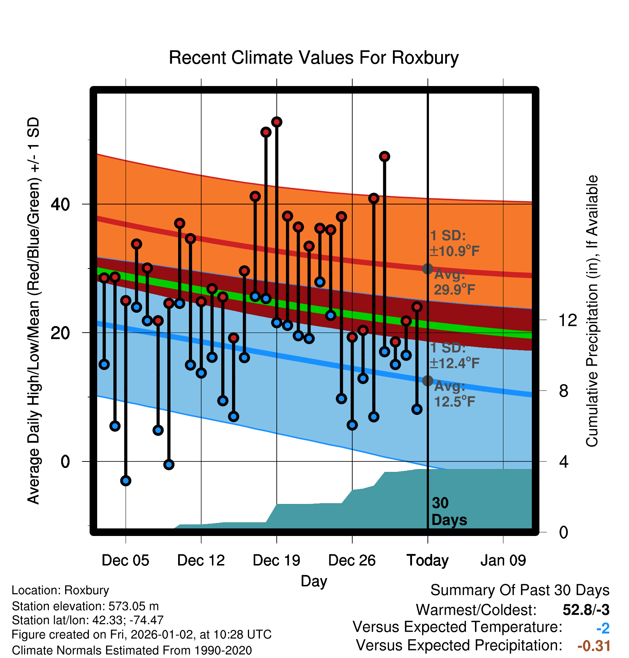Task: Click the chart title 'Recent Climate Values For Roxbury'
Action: (x=314, y=58)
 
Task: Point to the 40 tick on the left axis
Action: (x=60, y=204)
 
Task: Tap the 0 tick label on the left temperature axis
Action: (x=65, y=461)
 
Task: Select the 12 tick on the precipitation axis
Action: (x=568, y=320)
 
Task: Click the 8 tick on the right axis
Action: (x=564, y=391)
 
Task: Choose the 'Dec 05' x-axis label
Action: (x=125, y=560)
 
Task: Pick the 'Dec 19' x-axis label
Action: (x=276, y=560)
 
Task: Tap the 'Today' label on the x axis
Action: (x=427, y=560)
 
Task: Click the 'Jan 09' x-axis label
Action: (x=503, y=560)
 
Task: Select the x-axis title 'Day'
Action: (x=314, y=581)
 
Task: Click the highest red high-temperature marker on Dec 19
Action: (x=277, y=122)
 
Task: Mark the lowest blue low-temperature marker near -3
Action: (x=126, y=481)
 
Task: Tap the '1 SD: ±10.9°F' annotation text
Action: (x=454, y=243)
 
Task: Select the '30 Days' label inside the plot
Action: (x=449, y=511)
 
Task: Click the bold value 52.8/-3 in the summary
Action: (x=586, y=610)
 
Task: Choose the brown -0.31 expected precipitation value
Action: (x=594, y=646)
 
